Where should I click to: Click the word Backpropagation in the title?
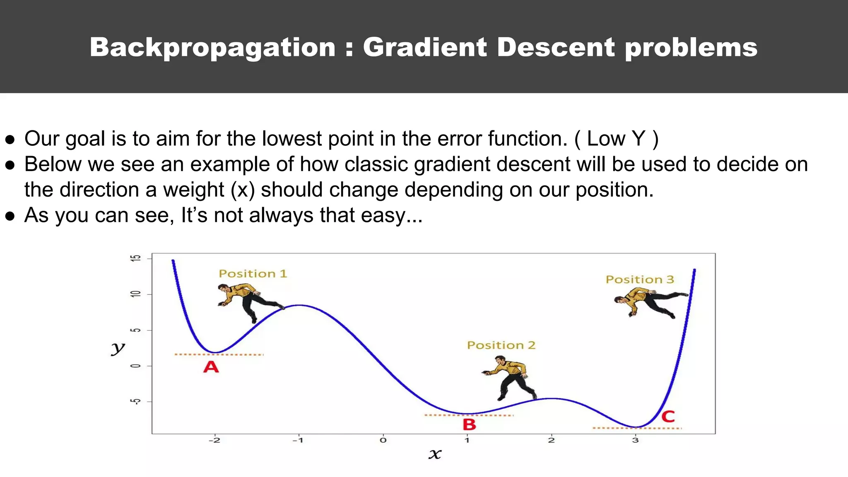(212, 48)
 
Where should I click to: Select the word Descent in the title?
(556, 47)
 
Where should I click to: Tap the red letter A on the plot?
(211, 367)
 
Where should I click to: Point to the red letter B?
(469, 424)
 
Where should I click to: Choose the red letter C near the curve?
(668, 416)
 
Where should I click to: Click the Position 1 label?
(253, 274)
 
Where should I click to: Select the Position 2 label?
(501, 345)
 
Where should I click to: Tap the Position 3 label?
(640, 279)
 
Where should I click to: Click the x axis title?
(435, 454)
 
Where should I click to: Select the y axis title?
(118, 349)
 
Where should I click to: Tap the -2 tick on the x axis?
(214, 440)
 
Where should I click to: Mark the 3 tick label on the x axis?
(635, 440)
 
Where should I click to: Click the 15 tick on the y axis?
(136, 258)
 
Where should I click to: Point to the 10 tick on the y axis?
(136, 294)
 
